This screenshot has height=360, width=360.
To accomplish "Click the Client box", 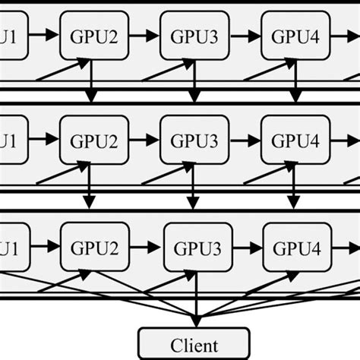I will tap(193, 343).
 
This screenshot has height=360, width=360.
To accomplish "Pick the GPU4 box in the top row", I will tap(293, 35).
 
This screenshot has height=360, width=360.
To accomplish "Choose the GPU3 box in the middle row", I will tap(193, 141).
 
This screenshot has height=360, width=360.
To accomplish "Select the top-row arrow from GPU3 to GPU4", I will tap(243, 35).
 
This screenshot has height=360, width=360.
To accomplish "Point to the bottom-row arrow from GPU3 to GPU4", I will tap(245, 247).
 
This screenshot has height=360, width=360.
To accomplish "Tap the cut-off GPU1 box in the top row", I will tap(11, 35).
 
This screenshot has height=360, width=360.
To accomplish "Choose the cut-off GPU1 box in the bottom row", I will tap(12, 247).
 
